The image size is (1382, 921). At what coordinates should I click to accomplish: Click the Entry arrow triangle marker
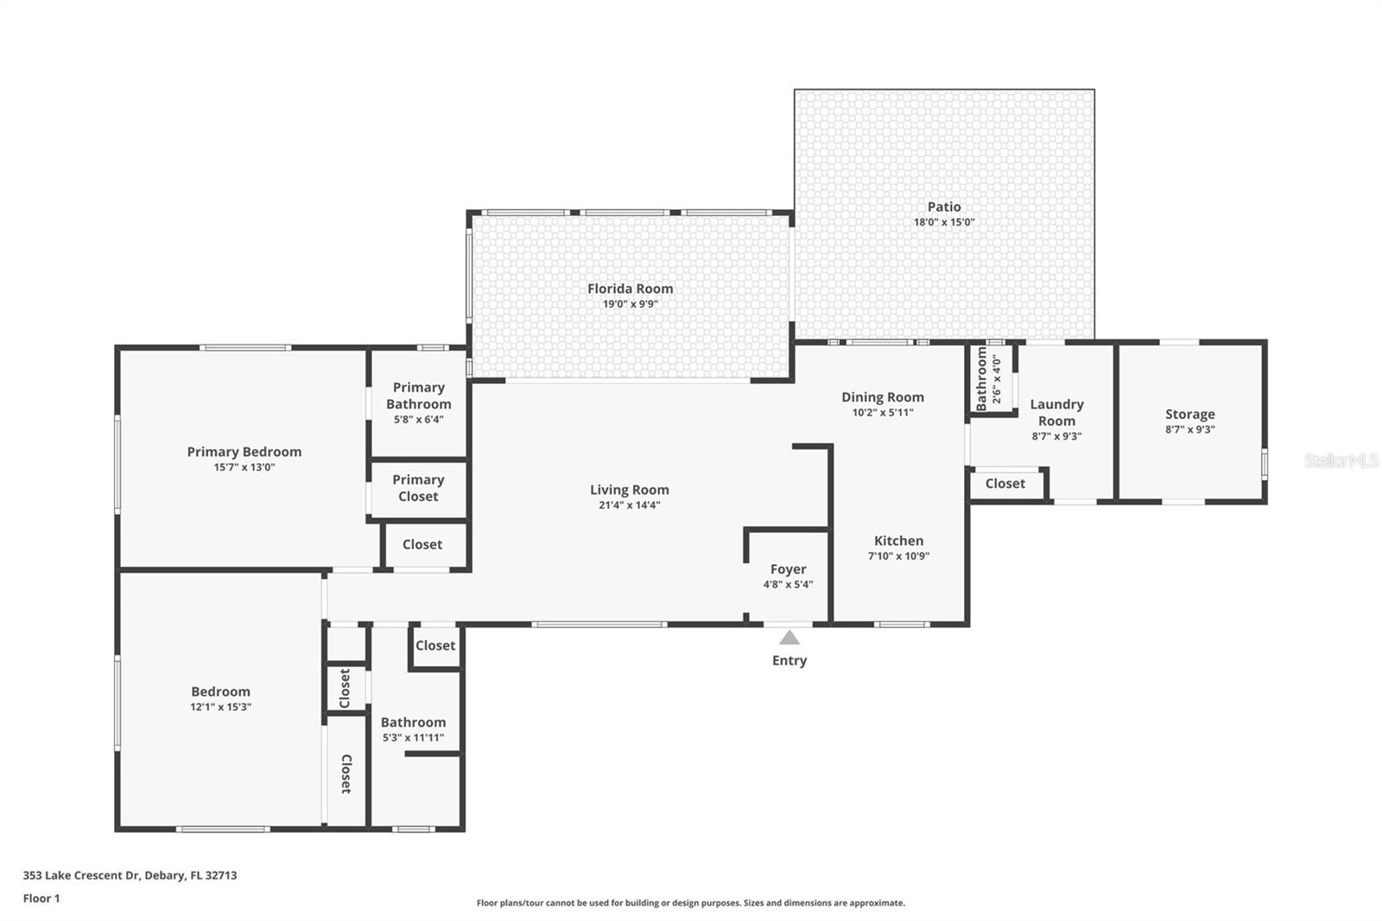click(x=789, y=638)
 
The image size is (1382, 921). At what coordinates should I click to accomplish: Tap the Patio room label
click(x=944, y=206)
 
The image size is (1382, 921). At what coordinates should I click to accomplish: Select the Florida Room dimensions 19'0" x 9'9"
click(x=631, y=304)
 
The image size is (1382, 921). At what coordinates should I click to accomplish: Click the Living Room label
click(x=629, y=490)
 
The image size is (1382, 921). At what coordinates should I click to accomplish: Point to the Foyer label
click(x=788, y=569)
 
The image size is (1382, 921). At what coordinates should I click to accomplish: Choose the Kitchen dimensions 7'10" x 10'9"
click(x=898, y=556)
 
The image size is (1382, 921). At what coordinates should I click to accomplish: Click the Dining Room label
click(x=883, y=397)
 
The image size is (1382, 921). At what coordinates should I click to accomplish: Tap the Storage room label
click(x=1189, y=415)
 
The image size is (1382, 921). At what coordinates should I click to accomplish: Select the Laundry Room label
click(x=1056, y=412)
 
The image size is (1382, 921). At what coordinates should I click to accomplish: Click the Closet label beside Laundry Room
click(x=1005, y=484)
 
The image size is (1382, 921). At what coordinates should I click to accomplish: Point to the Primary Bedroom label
click(x=244, y=452)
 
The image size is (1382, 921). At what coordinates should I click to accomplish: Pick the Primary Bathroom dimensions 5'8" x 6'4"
click(x=419, y=420)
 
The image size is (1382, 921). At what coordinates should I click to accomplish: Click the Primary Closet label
click(x=418, y=488)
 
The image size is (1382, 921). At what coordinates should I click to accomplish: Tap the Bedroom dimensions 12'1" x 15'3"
click(x=221, y=707)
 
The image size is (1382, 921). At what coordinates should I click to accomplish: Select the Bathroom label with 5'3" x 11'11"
click(x=413, y=722)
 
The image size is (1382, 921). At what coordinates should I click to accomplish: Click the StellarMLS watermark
click(x=1341, y=460)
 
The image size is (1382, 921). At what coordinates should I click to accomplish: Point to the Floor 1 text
click(x=41, y=899)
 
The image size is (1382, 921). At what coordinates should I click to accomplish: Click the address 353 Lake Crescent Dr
click(x=130, y=875)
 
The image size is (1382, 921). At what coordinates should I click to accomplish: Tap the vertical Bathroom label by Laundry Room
click(x=981, y=378)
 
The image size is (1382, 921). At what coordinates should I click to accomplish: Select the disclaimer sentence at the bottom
click(x=691, y=903)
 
